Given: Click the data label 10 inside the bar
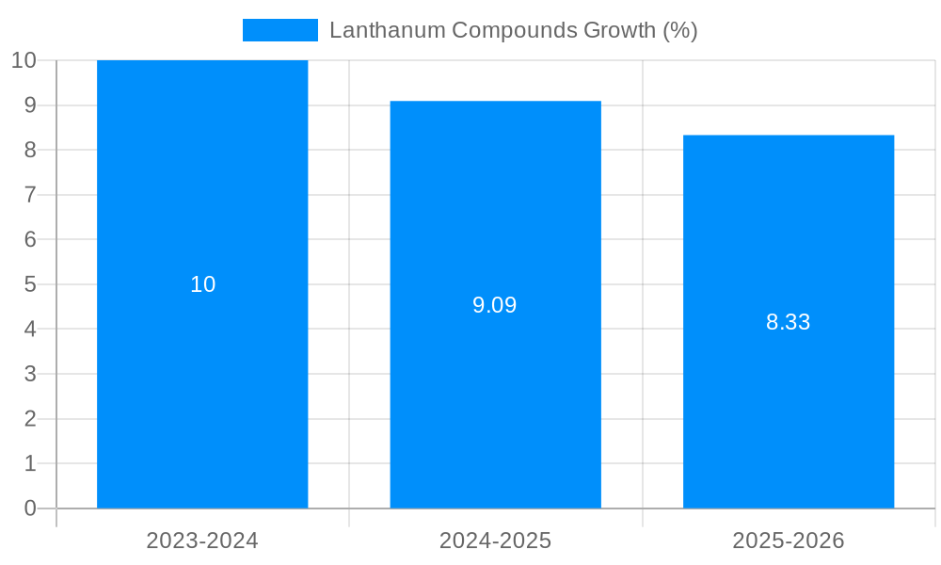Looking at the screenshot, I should click(203, 284).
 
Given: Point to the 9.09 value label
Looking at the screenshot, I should click(495, 305).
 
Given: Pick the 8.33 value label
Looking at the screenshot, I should click(789, 322).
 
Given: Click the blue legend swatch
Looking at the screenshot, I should click(280, 30).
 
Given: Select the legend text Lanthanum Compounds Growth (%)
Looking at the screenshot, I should click(513, 30).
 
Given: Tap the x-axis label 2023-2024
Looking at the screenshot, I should click(202, 541).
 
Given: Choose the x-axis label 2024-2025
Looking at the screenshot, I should click(495, 541).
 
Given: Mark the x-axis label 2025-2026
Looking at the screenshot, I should click(789, 541).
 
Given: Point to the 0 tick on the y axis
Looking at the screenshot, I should click(30, 508).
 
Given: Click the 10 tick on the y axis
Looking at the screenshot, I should click(24, 60).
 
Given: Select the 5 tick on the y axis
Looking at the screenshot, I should click(30, 284).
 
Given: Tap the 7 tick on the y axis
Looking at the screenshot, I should click(30, 195).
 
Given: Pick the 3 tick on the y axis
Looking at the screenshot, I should click(30, 374).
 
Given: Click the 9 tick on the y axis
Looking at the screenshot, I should click(30, 105).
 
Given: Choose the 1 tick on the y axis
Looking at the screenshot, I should click(30, 463).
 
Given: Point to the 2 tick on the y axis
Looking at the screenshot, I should click(30, 419).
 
